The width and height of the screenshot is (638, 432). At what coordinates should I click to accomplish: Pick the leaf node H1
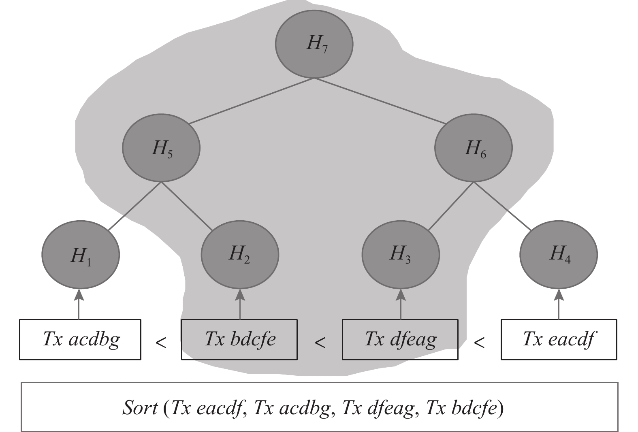click(x=81, y=255)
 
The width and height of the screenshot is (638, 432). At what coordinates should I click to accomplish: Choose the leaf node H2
click(x=240, y=254)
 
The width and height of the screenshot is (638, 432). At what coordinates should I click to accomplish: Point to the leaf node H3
click(x=400, y=254)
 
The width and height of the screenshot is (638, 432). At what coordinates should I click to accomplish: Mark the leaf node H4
click(x=558, y=254)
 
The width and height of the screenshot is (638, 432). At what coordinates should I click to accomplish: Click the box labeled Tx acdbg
click(x=80, y=339)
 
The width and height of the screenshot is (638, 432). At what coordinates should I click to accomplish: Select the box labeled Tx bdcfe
click(x=239, y=339)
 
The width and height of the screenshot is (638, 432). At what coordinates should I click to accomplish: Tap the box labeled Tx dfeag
click(x=400, y=339)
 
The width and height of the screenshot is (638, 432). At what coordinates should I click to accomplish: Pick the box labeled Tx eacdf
click(x=559, y=339)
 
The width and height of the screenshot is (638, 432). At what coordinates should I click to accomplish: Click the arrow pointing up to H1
click(x=79, y=304)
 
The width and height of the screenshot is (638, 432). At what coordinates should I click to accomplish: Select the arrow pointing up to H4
click(x=559, y=304)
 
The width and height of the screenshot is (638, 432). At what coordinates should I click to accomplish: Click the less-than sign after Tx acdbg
click(x=161, y=343)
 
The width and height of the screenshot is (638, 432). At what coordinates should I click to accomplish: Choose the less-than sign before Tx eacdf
click(x=479, y=343)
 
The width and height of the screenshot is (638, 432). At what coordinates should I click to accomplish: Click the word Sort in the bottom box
click(x=140, y=408)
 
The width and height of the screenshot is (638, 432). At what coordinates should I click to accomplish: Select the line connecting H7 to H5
click(x=251, y=101)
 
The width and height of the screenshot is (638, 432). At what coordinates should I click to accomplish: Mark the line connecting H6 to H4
click(x=502, y=206)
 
